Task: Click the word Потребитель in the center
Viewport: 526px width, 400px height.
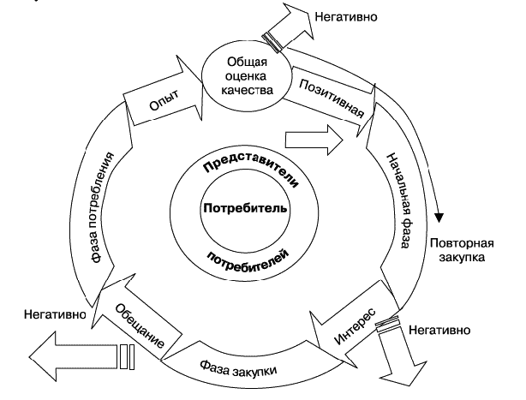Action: (245, 208)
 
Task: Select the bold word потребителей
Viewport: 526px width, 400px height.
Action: (248, 262)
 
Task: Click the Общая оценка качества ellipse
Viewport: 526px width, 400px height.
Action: (247, 76)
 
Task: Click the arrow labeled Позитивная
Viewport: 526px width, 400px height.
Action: (331, 99)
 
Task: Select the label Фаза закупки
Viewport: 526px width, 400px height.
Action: (238, 369)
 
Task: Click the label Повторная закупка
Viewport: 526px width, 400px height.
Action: (462, 250)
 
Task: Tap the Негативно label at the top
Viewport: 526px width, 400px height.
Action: (346, 16)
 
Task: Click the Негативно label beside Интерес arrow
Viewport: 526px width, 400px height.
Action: (439, 331)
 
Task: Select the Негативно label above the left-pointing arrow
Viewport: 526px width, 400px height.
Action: (55, 314)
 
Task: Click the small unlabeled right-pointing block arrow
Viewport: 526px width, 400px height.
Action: (314, 140)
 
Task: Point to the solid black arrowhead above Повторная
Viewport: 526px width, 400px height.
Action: (439, 218)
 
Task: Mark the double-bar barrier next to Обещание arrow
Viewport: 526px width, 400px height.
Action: (127, 357)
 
